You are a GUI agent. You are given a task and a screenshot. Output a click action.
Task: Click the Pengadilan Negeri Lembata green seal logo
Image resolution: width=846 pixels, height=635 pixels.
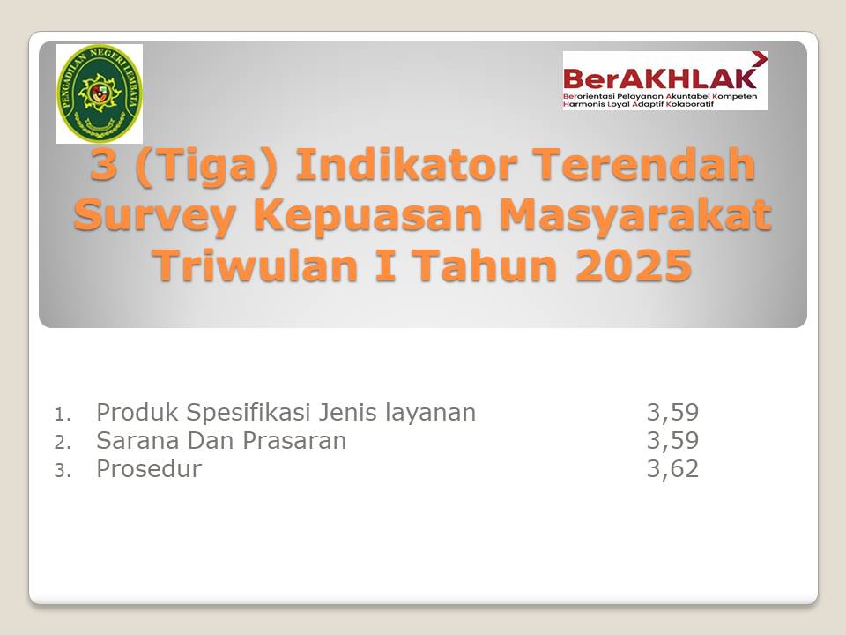point(100,93)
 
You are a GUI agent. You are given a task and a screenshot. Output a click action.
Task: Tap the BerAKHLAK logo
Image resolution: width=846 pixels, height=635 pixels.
point(665,81)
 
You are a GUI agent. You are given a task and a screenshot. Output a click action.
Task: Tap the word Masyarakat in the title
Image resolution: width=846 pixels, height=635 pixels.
point(635,216)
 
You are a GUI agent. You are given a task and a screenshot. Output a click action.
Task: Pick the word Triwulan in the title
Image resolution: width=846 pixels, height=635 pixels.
point(256,265)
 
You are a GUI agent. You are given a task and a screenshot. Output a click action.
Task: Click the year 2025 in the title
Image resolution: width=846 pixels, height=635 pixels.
point(634,265)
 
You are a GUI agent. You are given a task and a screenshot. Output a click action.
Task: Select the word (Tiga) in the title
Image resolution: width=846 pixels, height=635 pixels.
point(207,166)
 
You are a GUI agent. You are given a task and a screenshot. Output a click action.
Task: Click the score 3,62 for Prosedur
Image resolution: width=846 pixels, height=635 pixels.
point(672,468)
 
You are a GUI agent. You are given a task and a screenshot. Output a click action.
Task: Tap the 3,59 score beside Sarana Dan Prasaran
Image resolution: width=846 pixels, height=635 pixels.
point(672,441)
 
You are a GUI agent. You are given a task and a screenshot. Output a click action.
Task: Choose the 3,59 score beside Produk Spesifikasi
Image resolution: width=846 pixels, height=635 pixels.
point(672,413)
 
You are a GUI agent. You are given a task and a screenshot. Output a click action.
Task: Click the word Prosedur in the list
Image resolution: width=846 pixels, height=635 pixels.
point(149,468)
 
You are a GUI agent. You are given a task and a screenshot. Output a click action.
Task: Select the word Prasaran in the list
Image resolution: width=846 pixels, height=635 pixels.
point(294,441)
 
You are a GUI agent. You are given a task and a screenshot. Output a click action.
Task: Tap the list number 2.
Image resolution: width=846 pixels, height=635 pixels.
point(62,443)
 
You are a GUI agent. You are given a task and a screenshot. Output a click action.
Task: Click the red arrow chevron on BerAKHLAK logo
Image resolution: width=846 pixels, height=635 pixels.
point(760,58)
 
